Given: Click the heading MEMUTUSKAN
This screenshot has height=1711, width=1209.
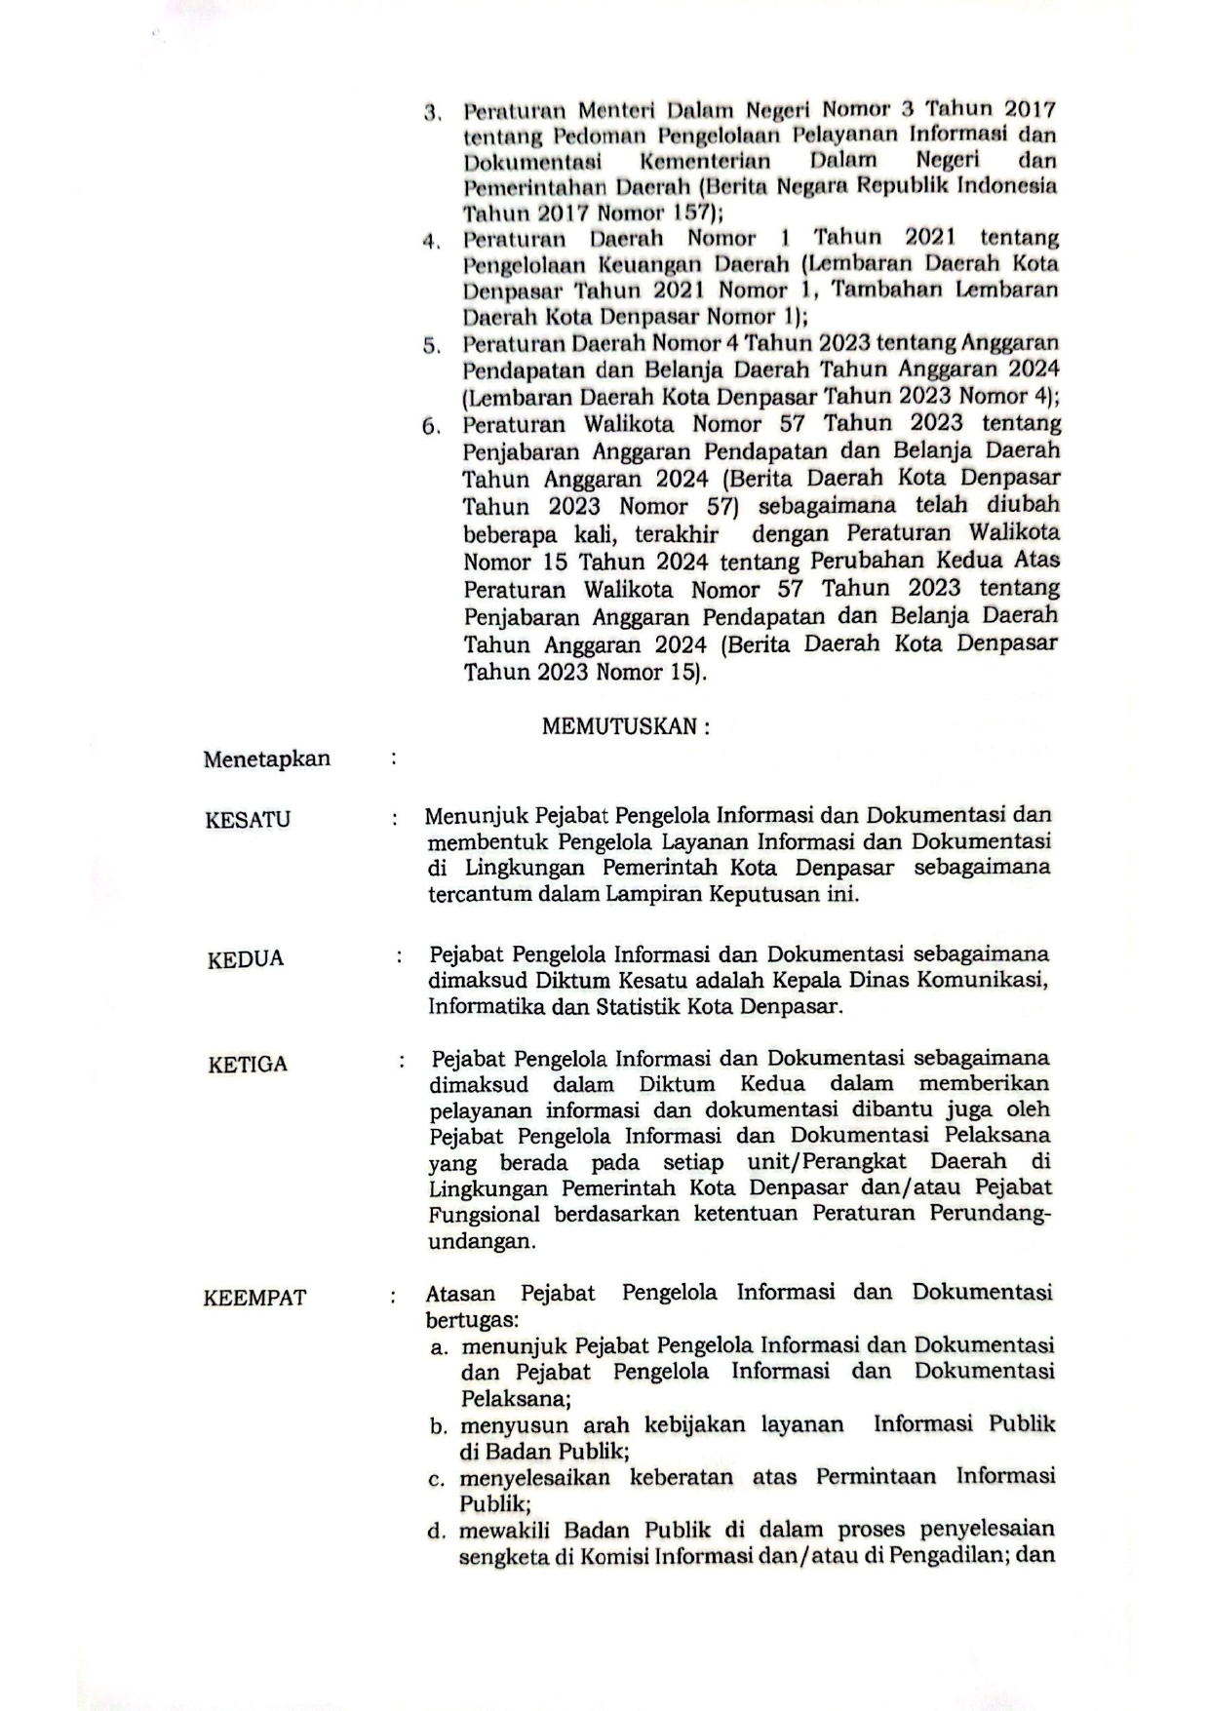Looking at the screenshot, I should click(625, 726).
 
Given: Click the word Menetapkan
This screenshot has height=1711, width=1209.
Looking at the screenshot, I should click(266, 759).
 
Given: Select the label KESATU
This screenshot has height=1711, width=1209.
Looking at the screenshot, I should click(248, 820).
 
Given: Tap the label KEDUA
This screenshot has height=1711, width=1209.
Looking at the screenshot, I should click(246, 959).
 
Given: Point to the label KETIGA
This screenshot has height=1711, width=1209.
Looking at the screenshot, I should click(248, 1065).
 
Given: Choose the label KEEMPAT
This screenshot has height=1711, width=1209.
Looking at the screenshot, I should click(254, 1299).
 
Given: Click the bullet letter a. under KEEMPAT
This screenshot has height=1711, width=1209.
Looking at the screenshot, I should click(439, 1348).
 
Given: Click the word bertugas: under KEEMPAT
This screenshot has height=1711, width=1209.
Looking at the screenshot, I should click(472, 1321).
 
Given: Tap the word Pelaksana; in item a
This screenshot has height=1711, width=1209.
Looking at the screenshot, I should click(516, 1399).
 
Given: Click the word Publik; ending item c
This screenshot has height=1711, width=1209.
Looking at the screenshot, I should click(494, 1504).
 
